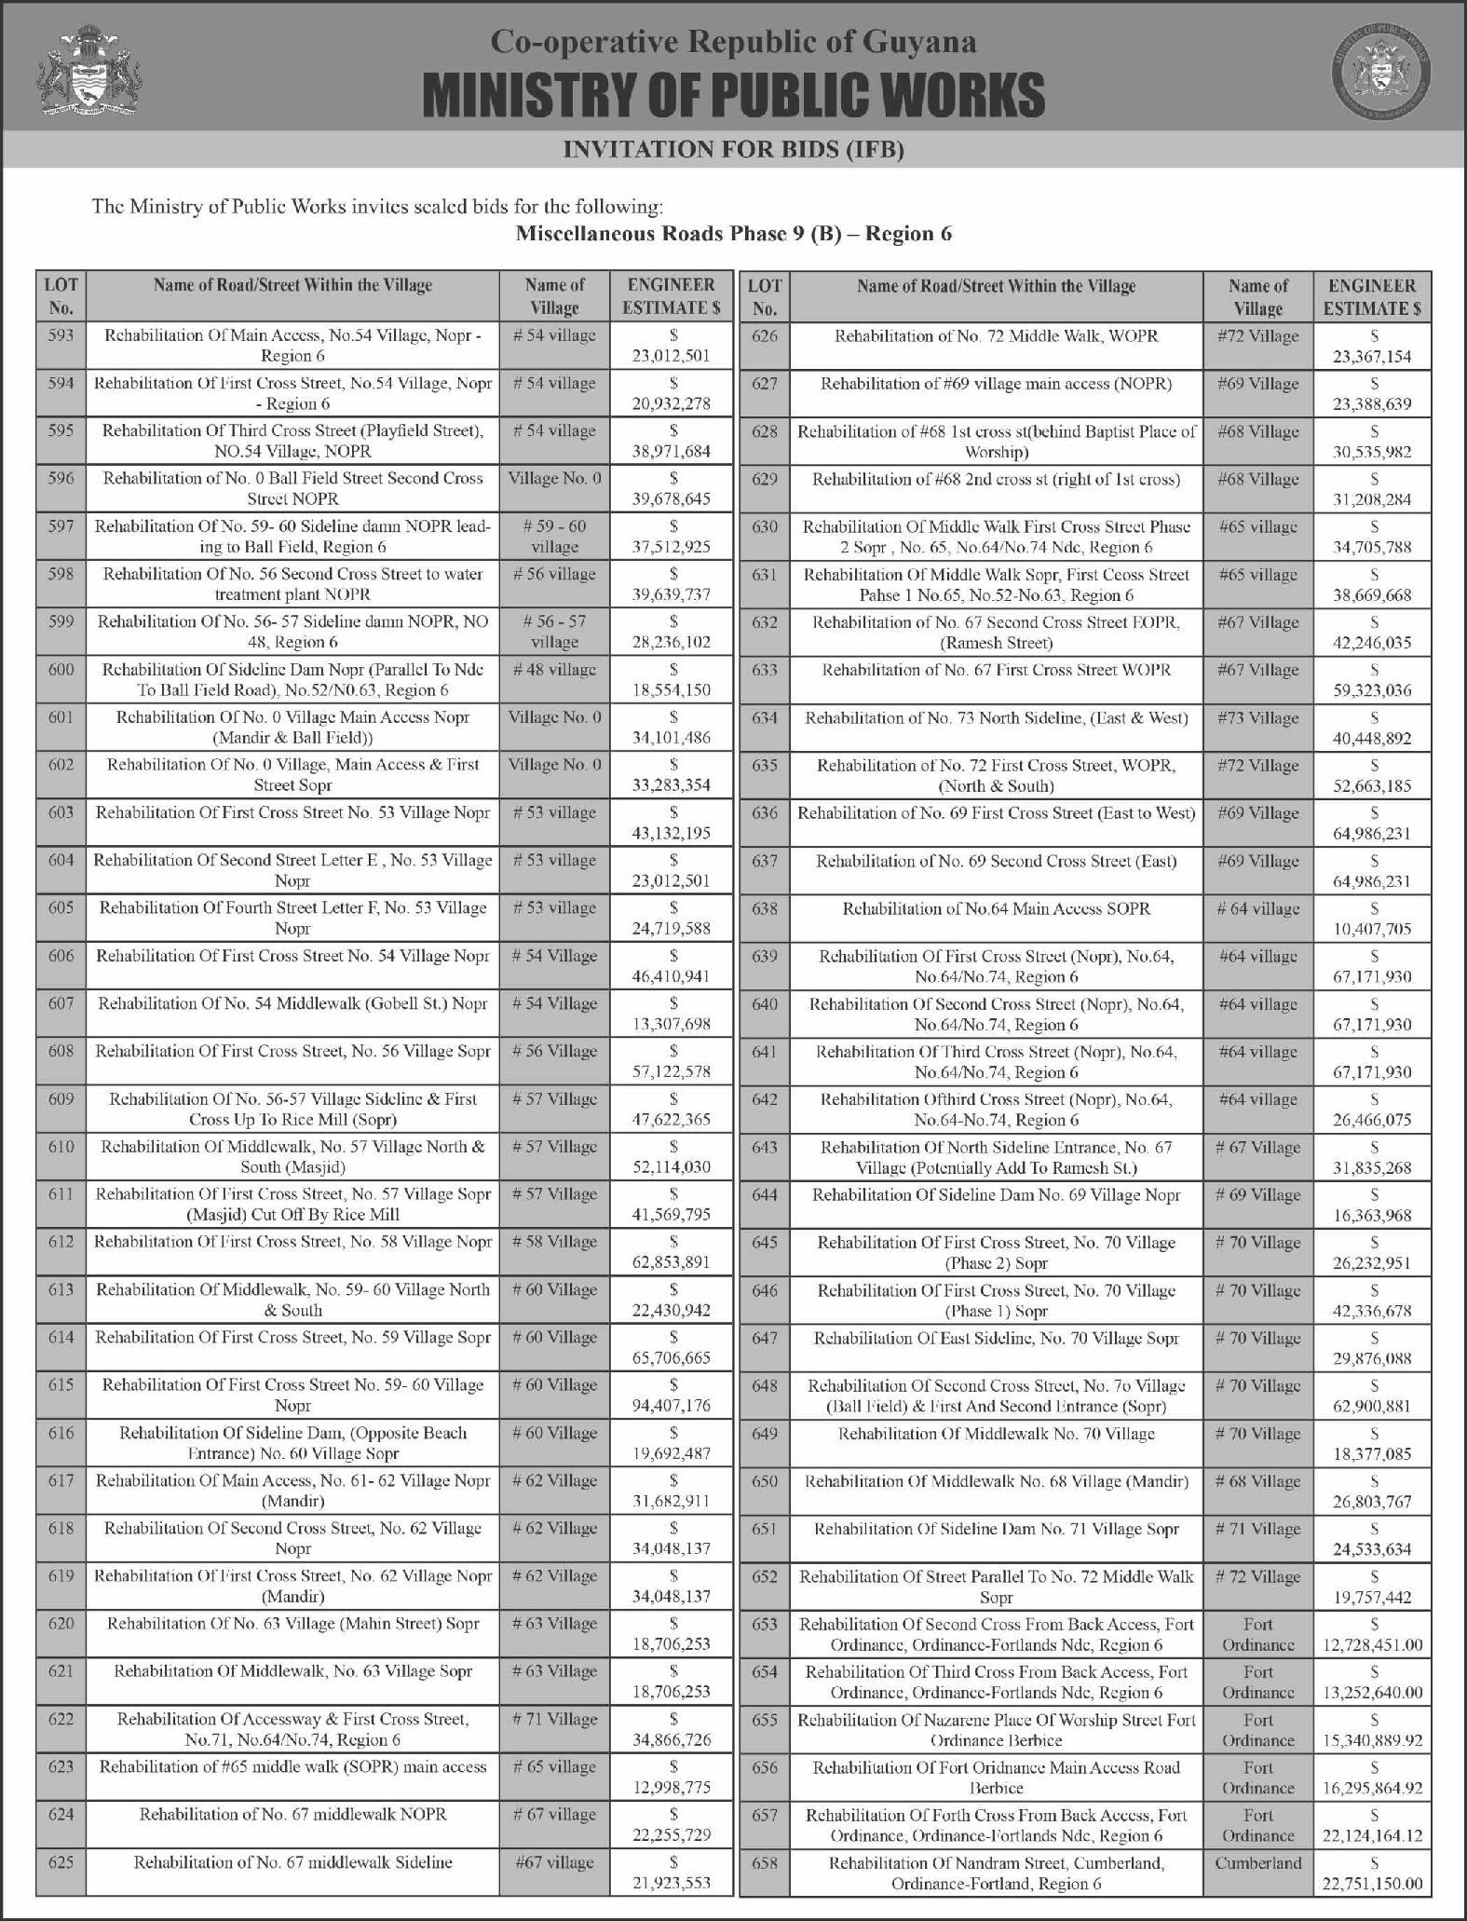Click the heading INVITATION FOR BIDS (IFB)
click(x=734, y=149)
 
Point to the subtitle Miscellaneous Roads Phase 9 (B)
click(x=733, y=233)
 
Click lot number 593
click(x=61, y=335)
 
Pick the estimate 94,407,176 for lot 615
click(x=672, y=1405)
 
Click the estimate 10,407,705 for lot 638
click(x=1374, y=928)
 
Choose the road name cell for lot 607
click(x=292, y=1003)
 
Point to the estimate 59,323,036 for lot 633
click(x=1374, y=690)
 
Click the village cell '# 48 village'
click(x=554, y=669)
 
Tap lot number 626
click(x=764, y=335)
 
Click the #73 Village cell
click(x=1257, y=718)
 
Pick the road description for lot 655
click(x=996, y=1730)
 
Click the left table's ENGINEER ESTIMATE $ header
click(x=672, y=296)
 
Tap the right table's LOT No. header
click(x=764, y=296)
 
